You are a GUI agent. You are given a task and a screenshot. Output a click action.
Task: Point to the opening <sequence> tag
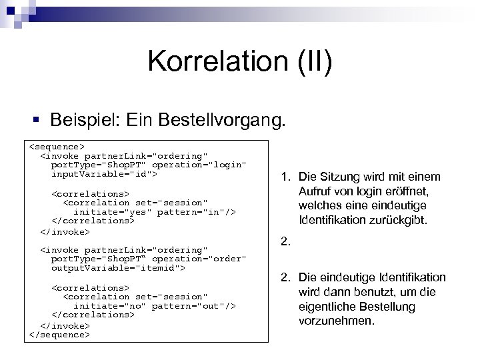(57, 145)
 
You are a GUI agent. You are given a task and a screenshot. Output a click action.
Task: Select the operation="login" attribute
(199, 164)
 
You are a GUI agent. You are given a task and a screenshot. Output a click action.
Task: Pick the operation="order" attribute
(199, 259)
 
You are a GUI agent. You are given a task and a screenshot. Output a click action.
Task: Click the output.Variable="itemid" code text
(118, 268)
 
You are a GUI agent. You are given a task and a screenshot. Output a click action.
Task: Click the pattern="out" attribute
(193, 306)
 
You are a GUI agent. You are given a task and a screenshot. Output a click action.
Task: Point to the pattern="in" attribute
(193, 211)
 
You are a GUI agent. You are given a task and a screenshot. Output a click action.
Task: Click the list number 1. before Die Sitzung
(285, 177)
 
